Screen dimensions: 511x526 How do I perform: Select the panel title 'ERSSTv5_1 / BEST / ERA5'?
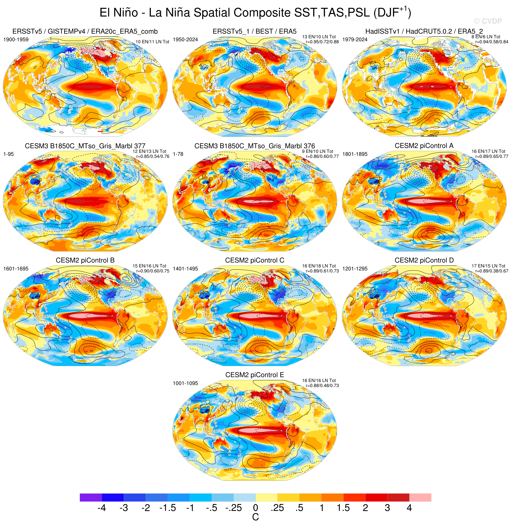click(x=254, y=31)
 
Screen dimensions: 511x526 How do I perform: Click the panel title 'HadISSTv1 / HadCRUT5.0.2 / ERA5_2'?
click(x=424, y=31)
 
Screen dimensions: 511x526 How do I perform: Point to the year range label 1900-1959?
click(x=16, y=40)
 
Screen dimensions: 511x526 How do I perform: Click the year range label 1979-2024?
click(x=355, y=40)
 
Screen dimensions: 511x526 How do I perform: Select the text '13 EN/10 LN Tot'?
click(x=319, y=37)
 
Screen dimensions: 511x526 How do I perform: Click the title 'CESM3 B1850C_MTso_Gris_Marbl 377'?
click(x=85, y=146)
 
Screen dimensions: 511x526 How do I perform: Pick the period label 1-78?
click(x=178, y=154)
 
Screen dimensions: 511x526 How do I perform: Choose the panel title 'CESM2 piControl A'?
click(x=424, y=146)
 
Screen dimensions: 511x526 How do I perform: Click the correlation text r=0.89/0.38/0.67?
click(x=492, y=271)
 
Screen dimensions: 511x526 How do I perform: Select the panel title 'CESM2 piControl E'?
click(x=255, y=375)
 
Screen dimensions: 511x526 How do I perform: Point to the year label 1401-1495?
click(x=185, y=269)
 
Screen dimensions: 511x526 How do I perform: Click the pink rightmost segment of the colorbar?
click(x=420, y=497)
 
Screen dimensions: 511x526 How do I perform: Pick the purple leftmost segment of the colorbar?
click(x=91, y=497)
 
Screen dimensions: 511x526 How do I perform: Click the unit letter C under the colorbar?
click(x=255, y=517)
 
